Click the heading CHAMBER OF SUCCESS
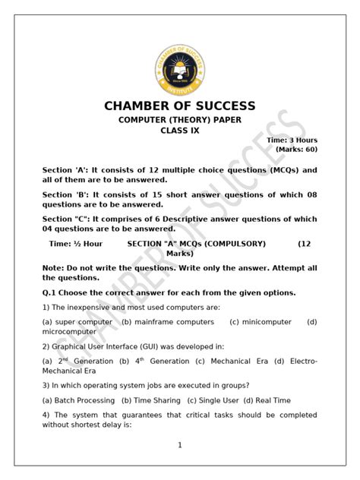click(x=179, y=106)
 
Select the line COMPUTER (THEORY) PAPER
click(x=179, y=119)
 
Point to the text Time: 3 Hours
click(x=292, y=141)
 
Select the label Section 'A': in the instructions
click(x=66, y=170)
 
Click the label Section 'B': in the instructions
click(x=66, y=194)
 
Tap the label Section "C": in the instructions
click(x=66, y=219)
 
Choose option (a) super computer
click(x=77, y=322)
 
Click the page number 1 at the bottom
click(x=180, y=445)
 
